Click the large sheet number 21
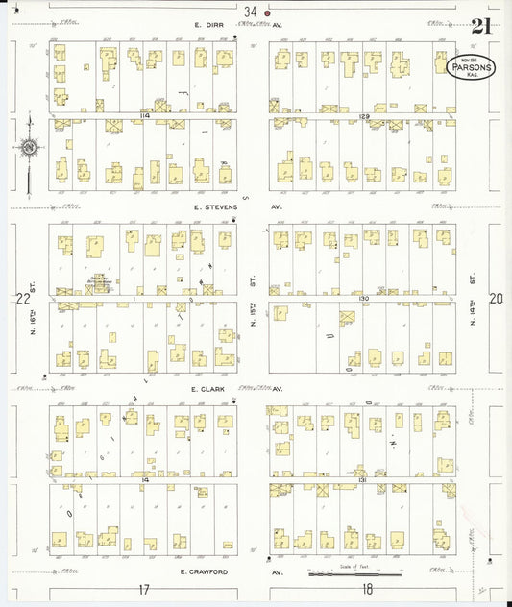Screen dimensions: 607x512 tap(481, 26)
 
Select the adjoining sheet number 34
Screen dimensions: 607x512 tap(251, 12)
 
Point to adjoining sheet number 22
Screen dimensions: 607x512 tap(23, 299)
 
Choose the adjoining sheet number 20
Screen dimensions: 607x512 tap(496, 299)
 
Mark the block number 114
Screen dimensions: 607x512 tap(144, 115)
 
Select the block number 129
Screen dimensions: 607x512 tap(365, 115)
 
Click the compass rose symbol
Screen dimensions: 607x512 tap(30, 148)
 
